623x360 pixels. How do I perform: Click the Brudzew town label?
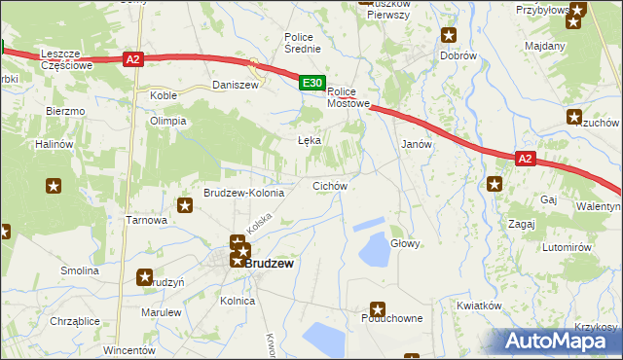point(269,263)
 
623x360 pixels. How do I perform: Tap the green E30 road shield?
point(311,85)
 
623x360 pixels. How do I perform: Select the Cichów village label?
point(330,185)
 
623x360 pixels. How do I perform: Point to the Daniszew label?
point(235,86)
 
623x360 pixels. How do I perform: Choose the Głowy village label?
point(405,243)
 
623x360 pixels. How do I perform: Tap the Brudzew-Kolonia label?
point(243,193)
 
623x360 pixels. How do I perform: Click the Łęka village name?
point(309,140)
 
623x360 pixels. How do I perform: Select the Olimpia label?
point(166,121)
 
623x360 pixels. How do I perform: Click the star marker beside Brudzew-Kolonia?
point(185,205)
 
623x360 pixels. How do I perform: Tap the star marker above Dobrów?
point(449,36)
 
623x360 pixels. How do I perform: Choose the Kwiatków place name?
point(478,305)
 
